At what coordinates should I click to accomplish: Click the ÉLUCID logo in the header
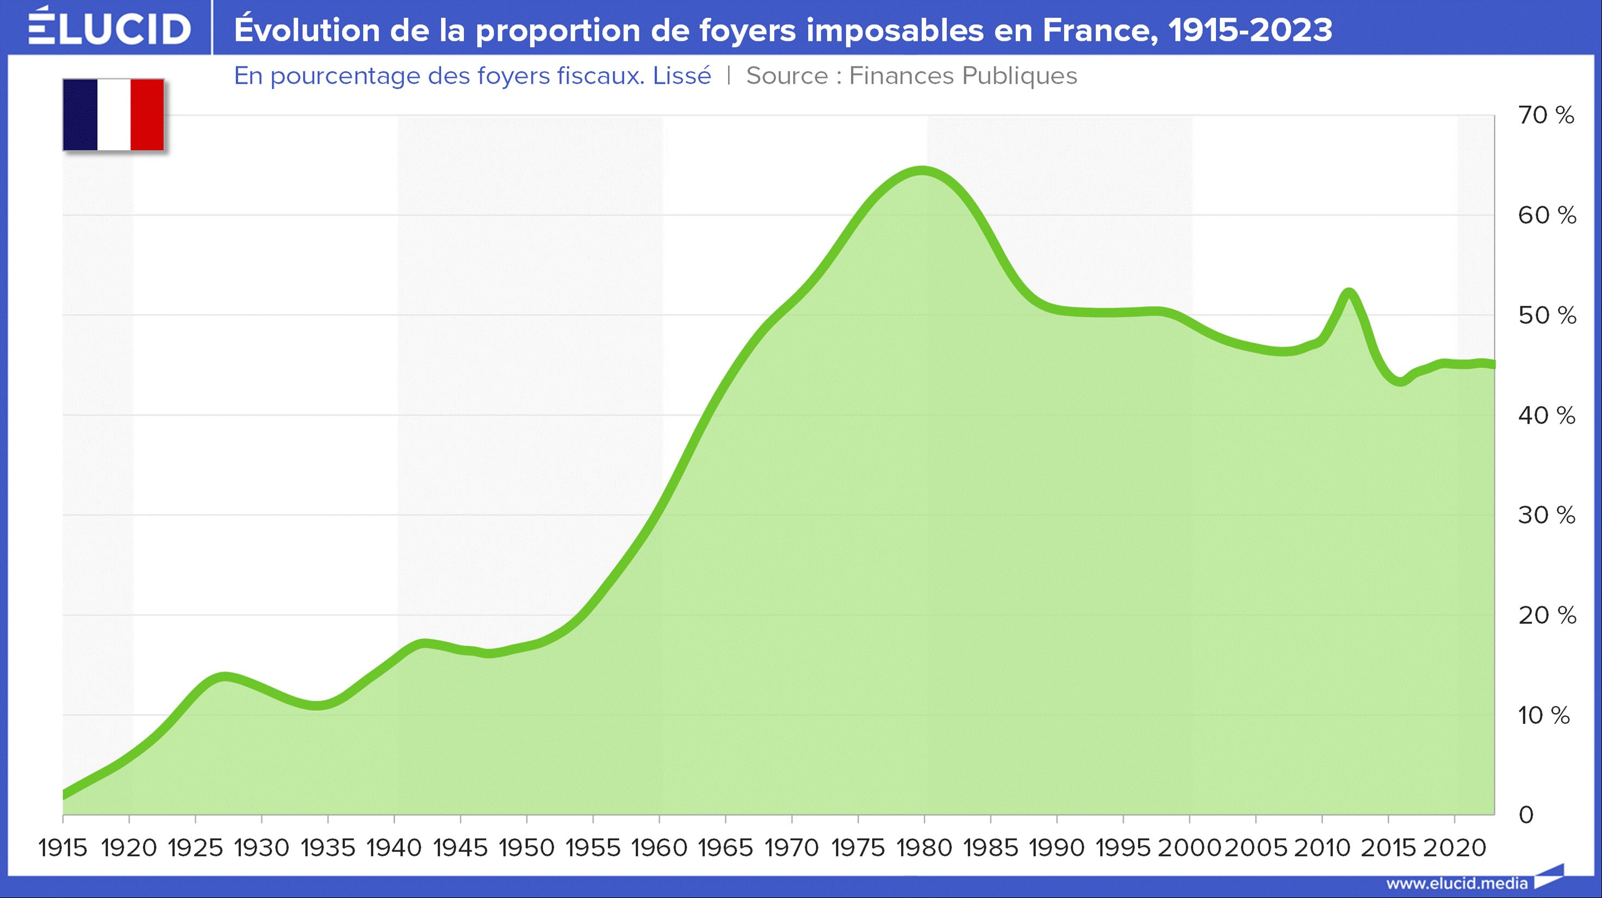(109, 28)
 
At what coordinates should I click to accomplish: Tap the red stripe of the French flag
(147, 114)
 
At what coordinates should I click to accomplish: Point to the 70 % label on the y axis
(1546, 115)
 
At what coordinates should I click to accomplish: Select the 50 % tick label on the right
(1547, 315)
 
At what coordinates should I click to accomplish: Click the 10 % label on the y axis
(1544, 715)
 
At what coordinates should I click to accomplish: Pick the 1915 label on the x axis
(63, 847)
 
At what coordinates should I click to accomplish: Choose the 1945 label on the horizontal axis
(460, 847)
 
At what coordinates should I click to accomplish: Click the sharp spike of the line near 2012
(1348, 292)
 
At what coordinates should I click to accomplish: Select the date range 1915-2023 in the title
(1251, 30)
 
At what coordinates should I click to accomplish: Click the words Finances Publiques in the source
(963, 76)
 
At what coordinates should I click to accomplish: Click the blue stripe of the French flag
(80, 114)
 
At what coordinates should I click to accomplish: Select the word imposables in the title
(895, 30)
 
